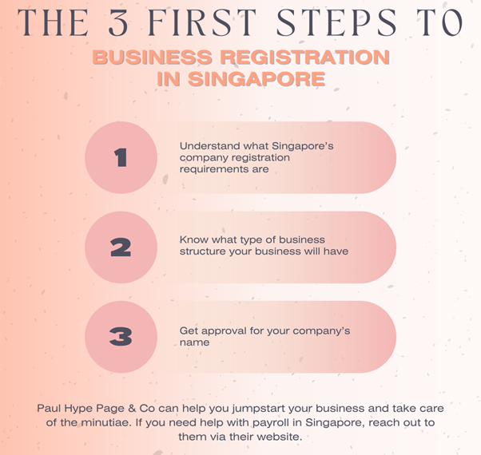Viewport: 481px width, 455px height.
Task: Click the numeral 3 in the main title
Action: tap(118, 22)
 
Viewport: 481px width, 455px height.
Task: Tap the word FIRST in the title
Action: tap(202, 22)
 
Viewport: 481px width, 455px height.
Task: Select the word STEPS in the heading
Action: tap(336, 22)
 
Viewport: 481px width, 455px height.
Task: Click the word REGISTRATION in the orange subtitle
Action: tap(305, 57)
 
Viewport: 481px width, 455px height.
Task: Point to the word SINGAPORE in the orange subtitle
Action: tap(256, 79)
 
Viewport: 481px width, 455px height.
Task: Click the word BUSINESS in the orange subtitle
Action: tap(153, 57)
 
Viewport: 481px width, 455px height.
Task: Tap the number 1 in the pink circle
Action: tap(121, 157)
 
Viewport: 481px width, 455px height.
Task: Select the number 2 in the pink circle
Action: tap(121, 247)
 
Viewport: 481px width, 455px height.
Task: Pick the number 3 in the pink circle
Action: tap(121, 337)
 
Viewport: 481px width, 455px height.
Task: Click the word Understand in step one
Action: tap(210, 146)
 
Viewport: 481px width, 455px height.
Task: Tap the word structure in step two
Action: tap(202, 251)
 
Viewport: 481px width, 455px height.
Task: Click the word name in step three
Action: tap(194, 342)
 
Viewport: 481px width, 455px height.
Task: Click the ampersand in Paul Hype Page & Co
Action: tap(132, 409)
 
